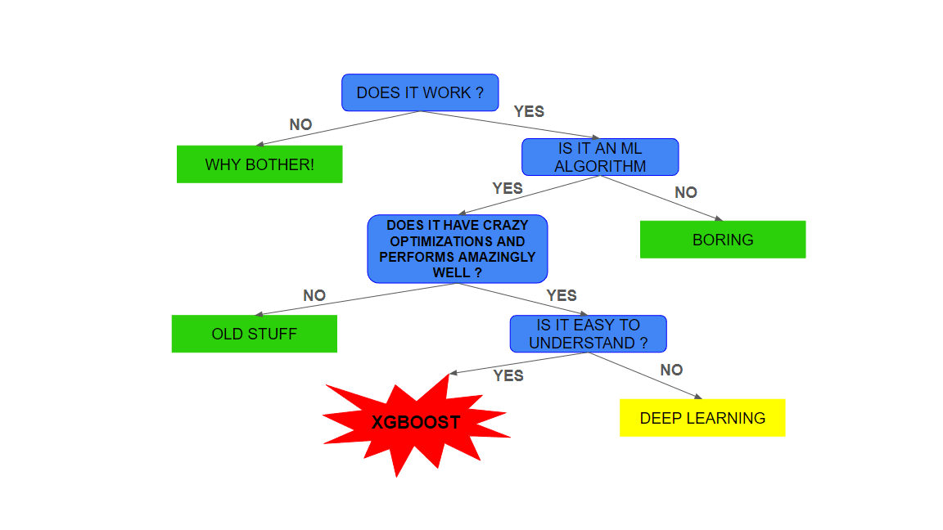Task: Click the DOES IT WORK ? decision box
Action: (420, 92)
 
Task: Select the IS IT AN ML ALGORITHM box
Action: (600, 157)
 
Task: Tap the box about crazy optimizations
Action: (457, 249)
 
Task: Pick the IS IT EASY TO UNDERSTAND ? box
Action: (588, 334)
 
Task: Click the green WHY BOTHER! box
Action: (259, 164)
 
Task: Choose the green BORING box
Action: (722, 240)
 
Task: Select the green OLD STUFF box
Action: (254, 334)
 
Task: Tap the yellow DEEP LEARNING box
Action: (702, 418)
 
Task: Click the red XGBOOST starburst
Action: (416, 423)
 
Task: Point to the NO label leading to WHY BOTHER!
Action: (300, 125)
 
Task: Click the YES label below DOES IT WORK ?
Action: (529, 111)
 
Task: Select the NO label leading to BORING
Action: (686, 192)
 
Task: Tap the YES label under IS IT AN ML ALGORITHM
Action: (508, 188)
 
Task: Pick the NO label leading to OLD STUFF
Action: (314, 295)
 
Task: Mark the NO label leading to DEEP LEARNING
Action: (671, 370)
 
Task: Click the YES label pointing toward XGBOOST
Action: (508, 375)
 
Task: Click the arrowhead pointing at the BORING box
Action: (719, 218)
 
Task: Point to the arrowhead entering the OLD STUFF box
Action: (259, 313)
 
